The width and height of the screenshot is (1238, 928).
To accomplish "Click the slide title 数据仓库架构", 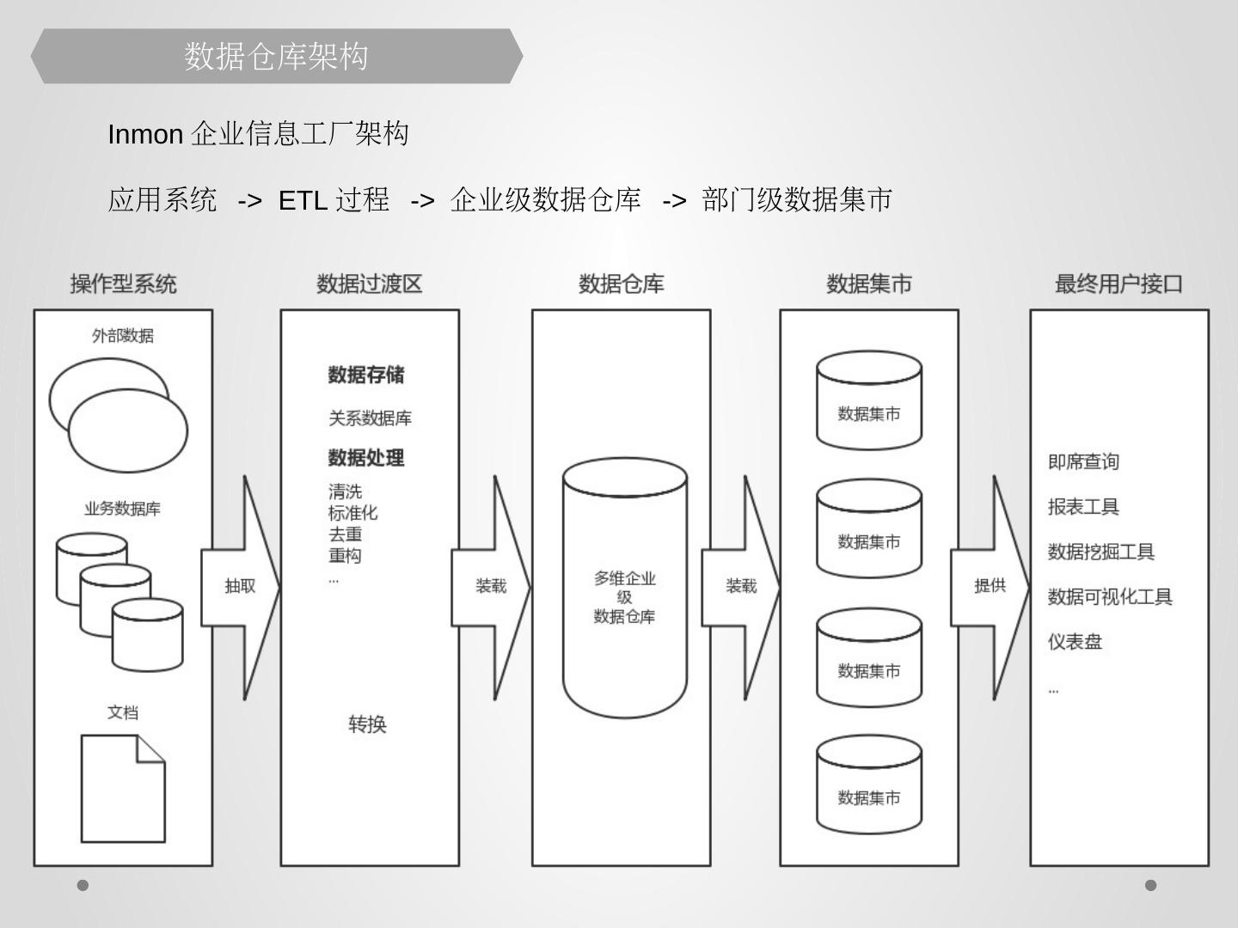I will coord(276,57).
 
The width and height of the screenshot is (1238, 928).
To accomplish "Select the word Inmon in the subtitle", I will coord(145,135).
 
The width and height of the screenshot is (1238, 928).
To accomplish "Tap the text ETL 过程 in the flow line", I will coord(334,200).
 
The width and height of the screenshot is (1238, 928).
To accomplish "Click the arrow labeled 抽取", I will coord(240,587).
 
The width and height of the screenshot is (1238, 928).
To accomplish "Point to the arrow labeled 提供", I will coord(990,587).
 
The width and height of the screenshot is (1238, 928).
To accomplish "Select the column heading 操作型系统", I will coord(123,284).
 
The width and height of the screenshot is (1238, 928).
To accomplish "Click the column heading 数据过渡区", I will coord(370,284).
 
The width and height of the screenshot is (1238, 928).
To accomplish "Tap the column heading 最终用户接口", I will coord(1118,284).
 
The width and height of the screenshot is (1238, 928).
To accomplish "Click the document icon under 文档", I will coord(123,788).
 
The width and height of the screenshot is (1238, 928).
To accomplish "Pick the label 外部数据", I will coord(123,336).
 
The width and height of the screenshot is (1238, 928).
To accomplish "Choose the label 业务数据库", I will coord(123,509).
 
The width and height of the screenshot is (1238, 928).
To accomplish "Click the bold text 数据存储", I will coord(366,375).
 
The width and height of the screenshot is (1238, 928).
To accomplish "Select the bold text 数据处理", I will coord(366,458).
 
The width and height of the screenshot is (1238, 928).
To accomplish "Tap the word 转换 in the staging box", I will coord(367,724).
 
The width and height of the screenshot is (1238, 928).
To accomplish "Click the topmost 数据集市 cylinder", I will coord(869,401).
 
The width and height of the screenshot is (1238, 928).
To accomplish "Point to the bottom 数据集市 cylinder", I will coord(869,785).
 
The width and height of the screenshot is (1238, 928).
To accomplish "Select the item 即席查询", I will coord(1083,462).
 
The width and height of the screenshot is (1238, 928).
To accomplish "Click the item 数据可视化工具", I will coord(1109,597).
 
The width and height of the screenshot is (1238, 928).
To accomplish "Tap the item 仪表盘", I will coord(1075,642).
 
